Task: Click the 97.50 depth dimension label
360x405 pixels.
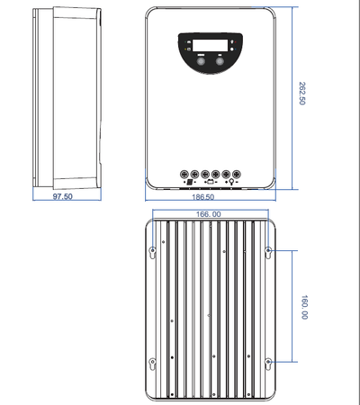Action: click(x=62, y=195)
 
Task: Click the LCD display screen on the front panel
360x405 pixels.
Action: click(x=209, y=44)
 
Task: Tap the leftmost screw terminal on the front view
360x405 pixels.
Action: click(x=184, y=173)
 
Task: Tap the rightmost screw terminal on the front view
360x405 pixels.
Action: click(x=236, y=173)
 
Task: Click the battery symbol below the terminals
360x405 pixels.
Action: click(x=210, y=183)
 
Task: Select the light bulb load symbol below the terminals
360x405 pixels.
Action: click(x=231, y=183)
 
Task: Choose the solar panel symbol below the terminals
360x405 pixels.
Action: click(x=189, y=183)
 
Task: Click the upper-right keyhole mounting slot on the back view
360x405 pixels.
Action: click(x=268, y=249)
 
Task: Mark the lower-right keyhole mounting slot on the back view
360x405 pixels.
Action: click(x=268, y=363)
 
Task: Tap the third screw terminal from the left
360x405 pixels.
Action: click(x=205, y=173)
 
